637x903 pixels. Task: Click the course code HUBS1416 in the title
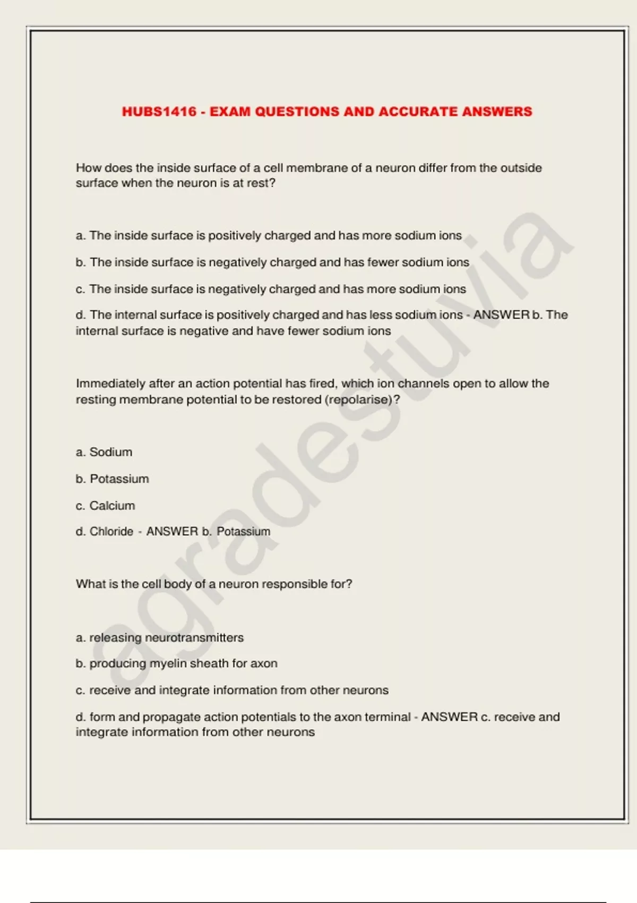159,112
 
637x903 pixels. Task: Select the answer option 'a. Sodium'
104,452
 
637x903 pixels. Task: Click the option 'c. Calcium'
105,506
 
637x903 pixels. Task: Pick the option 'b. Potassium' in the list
112,479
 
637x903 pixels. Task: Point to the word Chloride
111,532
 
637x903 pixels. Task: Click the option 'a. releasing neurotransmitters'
160,637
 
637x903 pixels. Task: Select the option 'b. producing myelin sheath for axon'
176,663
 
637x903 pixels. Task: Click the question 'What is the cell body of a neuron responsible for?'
214,584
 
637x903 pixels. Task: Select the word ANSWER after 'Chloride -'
172,532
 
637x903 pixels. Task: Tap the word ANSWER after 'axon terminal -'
450,717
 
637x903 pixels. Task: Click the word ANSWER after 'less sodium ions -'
501,315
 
